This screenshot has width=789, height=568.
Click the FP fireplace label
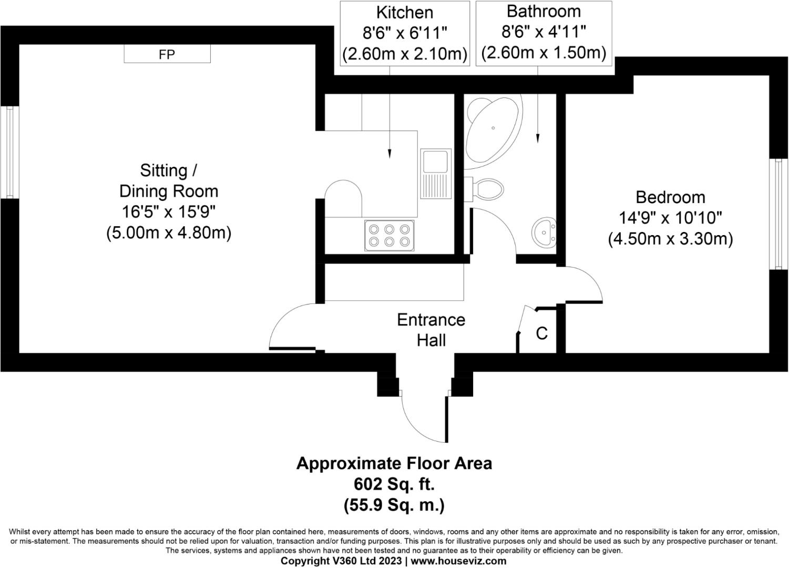[167, 54]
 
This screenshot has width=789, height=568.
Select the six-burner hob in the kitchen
[390, 235]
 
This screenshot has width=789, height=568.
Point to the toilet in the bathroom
[486, 188]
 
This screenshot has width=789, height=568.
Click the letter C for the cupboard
[541, 333]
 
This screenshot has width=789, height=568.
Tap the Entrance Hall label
[431, 330]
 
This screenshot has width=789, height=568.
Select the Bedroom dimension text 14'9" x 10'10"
[670, 218]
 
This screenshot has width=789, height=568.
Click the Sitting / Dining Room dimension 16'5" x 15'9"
[169, 211]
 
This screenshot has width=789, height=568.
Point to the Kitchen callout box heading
[405, 12]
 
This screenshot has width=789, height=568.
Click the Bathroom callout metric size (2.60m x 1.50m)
[544, 53]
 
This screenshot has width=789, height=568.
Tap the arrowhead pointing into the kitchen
[390, 154]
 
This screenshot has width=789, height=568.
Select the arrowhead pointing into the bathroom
[537, 138]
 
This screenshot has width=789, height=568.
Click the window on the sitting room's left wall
[9, 153]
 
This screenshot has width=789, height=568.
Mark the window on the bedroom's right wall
[778, 214]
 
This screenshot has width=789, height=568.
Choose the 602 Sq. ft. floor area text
[394, 484]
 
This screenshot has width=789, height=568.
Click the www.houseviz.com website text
[458, 561]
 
